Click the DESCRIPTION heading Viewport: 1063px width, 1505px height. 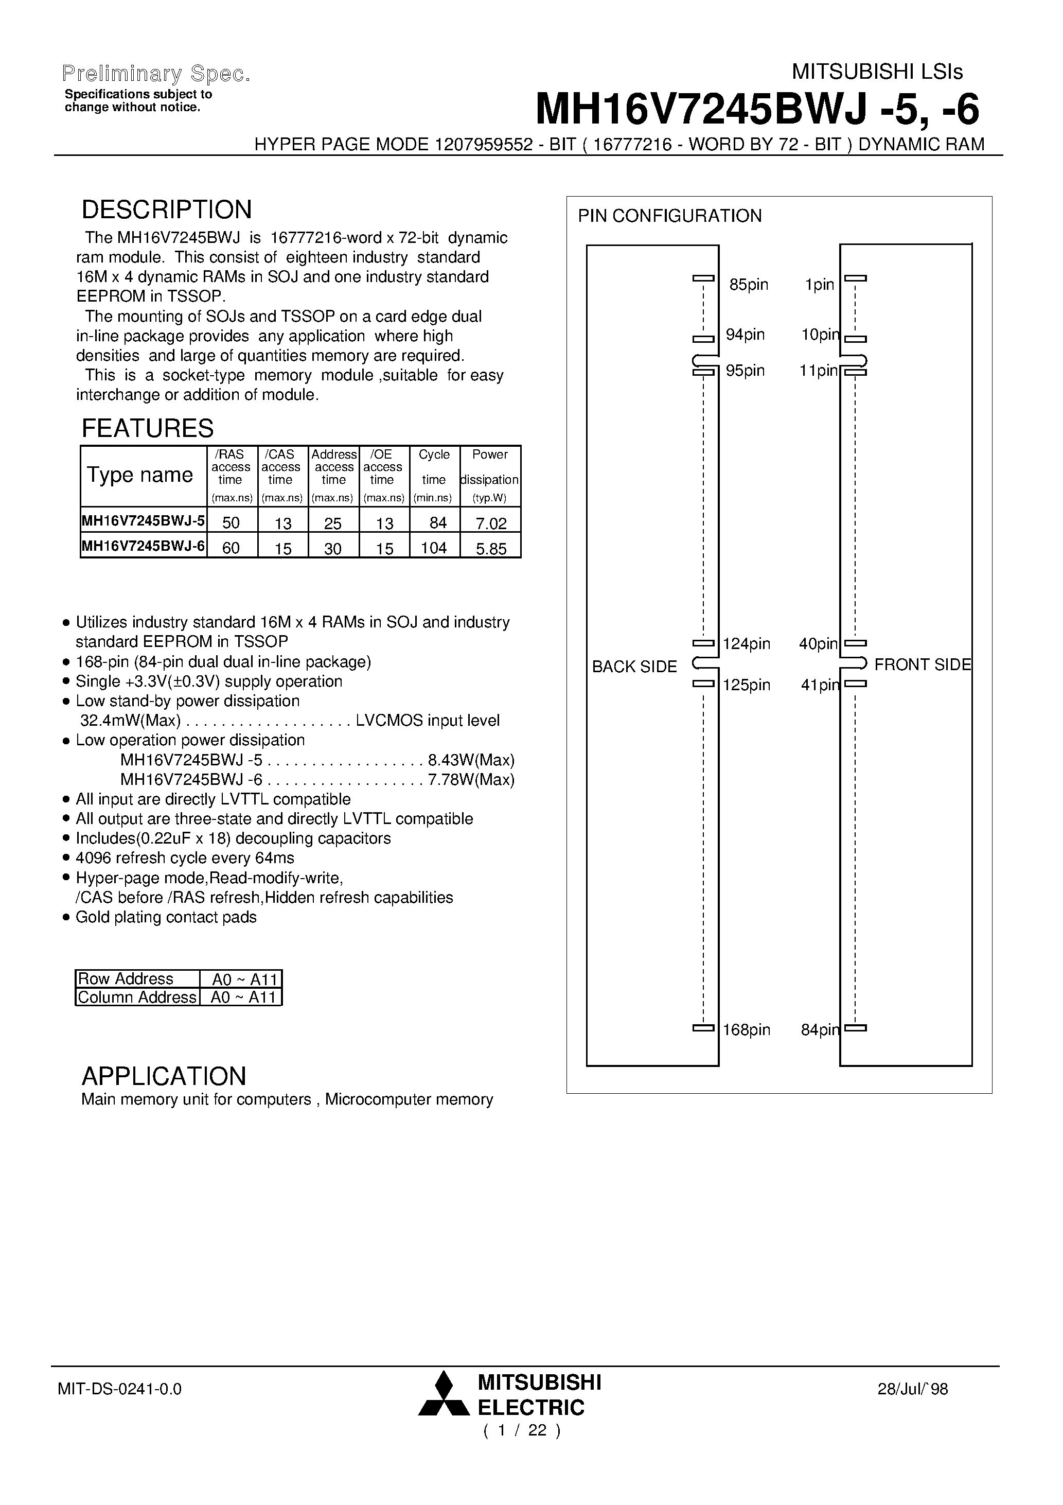167,210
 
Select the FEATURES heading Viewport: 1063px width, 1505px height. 148,428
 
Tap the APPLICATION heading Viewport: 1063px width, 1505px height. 164,1076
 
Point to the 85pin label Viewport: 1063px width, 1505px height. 749,285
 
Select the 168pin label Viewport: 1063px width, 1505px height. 747,1030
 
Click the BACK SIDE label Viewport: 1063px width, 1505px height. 634,667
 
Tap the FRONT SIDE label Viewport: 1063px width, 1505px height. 922,664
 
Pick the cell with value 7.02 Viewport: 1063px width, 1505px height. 491,523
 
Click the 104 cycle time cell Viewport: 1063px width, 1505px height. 434,548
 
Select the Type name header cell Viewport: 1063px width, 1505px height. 140,475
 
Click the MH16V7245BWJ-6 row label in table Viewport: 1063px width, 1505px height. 143,546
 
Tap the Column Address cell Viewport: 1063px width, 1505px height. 137,997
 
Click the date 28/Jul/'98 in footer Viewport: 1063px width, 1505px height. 913,1389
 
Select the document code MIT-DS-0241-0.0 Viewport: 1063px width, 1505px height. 119,1389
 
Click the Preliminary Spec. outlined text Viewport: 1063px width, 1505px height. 156,74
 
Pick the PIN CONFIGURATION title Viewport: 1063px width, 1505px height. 669,216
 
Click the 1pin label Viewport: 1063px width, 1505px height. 819,285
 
